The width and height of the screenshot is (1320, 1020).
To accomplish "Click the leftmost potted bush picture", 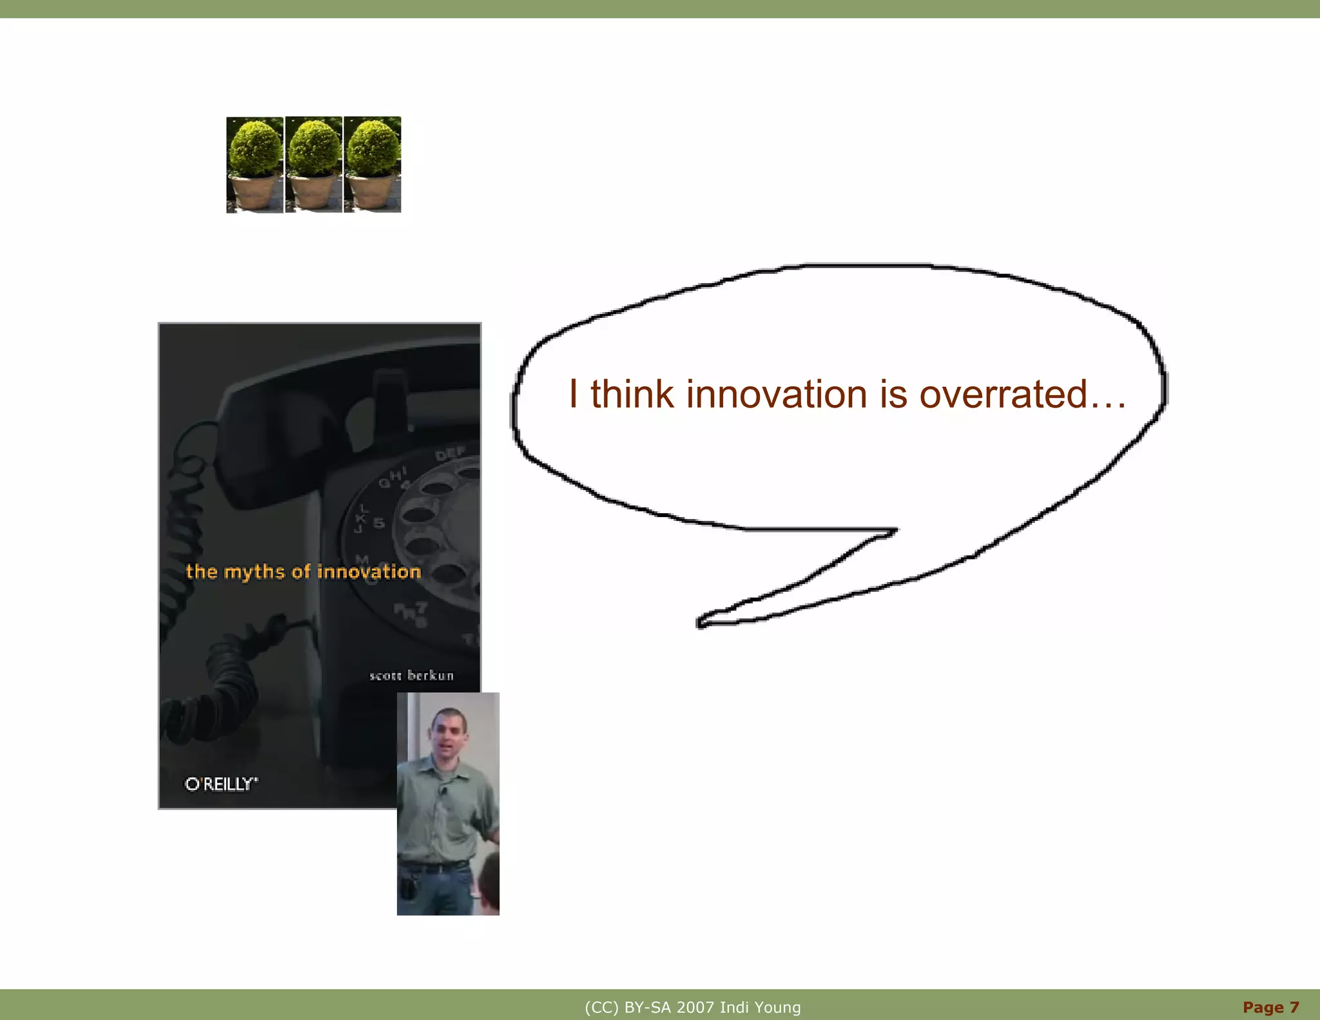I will pyautogui.click(x=255, y=164).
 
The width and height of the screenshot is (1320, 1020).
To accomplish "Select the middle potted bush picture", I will pyautogui.click(x=313, y=164).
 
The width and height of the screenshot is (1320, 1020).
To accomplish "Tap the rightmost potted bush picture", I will pyautogui.click(x=373, y=164).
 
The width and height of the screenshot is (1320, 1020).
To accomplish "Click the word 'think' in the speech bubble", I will pyautogui.click(x=632, y=394).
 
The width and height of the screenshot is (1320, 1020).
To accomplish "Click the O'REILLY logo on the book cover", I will pyautogui.click(x=221, y=784).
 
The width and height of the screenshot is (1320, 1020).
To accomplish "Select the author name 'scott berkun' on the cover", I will pyautogui.click(x=411, y=675).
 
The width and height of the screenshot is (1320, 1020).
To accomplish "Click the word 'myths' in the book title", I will pyautogui.click(x=254, y=572).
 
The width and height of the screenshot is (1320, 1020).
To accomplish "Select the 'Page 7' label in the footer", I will pyautogui.click(x=1270, y=1007).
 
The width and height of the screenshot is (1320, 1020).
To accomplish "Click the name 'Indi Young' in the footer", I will pyautogui.click(x=760, y=1007).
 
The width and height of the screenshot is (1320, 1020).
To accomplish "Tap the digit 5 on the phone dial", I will pyautogui.click(x=379, y=523).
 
